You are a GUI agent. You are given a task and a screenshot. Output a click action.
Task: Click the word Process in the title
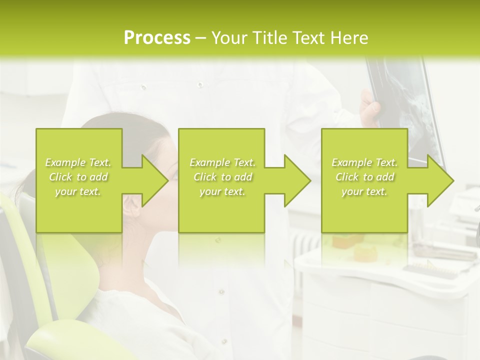tap(157, 38)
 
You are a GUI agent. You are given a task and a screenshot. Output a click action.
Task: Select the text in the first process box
tap(78, 177)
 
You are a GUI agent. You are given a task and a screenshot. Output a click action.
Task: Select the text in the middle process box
tap(222, 177)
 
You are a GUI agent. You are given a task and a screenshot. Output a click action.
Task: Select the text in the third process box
tap(364, 177)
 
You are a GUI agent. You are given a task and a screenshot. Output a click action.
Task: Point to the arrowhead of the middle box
tap(297, 180)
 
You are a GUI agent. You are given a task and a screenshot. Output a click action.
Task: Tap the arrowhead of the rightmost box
tap(440, 180)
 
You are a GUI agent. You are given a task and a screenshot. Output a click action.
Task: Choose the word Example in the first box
tap(65, 162)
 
